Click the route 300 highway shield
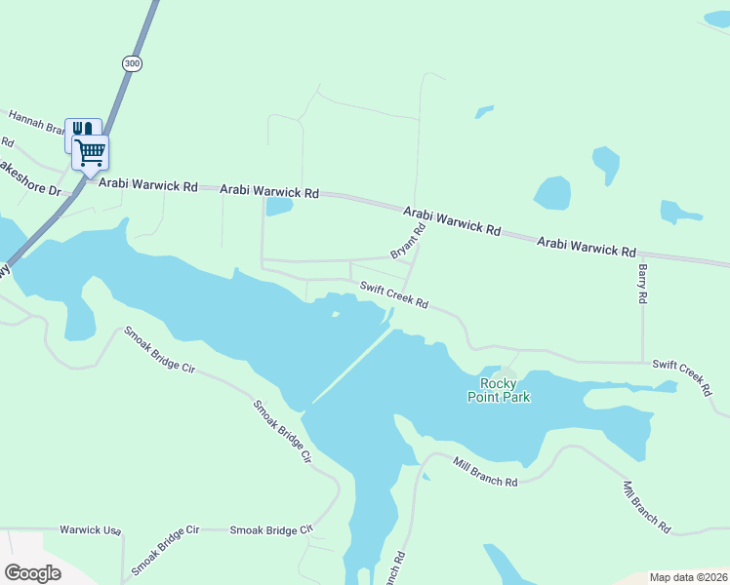(132, 63)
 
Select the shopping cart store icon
(90, 152)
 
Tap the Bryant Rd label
(408, 242)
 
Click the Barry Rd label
(642, 283)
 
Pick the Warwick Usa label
(90, 530)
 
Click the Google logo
(32, 572)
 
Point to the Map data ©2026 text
(689, 577)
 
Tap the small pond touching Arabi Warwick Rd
(279, 206)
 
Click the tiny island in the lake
(336, 314)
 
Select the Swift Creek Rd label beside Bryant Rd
(393, 295)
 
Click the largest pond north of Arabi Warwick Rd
(551, 193)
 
